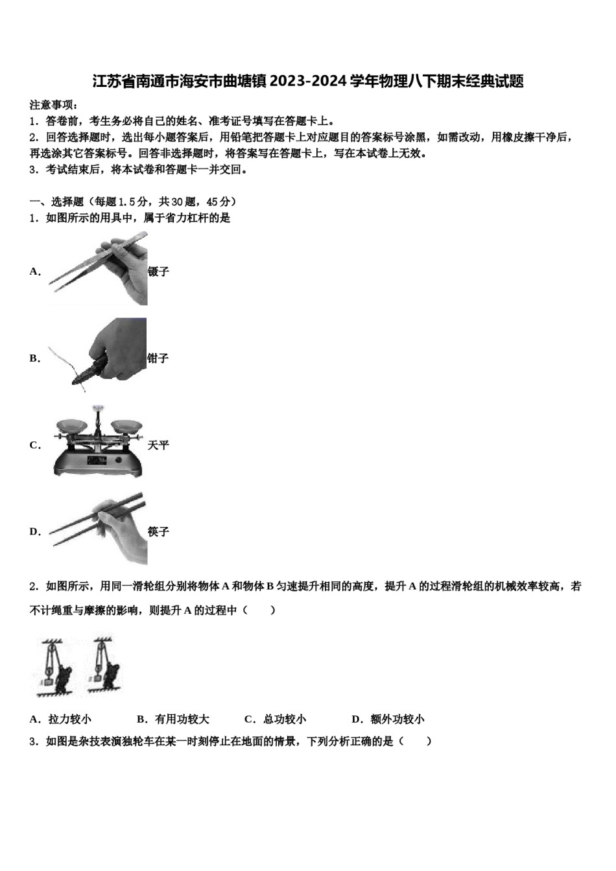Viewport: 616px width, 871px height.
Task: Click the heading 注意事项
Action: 54,104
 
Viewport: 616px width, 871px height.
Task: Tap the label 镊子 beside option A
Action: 158,272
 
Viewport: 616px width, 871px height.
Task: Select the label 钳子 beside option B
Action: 158,358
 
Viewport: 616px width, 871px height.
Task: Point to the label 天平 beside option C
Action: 158,445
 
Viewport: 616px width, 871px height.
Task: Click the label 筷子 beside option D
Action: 158,531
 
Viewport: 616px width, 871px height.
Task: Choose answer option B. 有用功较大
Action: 173,719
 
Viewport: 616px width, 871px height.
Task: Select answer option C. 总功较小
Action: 275,719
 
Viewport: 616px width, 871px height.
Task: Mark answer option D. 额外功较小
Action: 388,719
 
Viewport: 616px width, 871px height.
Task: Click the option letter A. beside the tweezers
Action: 35,272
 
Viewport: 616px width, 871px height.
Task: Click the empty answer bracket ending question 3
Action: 415,741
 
